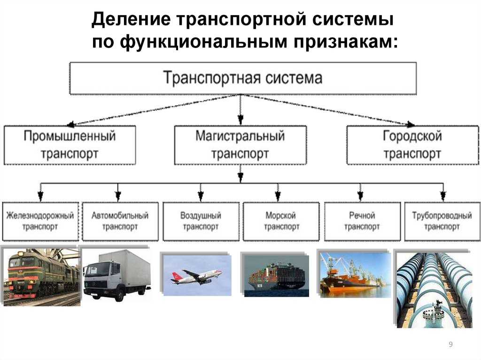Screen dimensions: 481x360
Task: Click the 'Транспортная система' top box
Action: (x=243, y=78)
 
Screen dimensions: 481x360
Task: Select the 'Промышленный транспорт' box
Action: (x=70, y=145)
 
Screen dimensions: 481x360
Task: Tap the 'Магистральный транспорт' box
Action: (x=240, y=145)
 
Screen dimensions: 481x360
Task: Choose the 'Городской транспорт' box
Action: (x=412, y=145)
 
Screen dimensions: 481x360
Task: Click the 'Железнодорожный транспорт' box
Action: (x=40, y=221)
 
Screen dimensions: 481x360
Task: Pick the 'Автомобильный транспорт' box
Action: (x=120, y=221)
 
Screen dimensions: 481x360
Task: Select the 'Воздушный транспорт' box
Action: (x=201, y=221)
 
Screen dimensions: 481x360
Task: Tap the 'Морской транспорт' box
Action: (x=281, y=221)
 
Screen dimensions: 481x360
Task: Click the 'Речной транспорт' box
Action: (x=362, y=221)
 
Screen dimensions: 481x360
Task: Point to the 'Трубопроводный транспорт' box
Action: (x=442, y=221)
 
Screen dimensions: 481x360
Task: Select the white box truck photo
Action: (x=117, y=276)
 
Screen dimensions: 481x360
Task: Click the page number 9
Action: (x=450, y=344)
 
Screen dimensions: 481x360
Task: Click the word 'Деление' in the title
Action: (x=131, y=19)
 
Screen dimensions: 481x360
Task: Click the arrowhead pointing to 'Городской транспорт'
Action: (x=411, y=124)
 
